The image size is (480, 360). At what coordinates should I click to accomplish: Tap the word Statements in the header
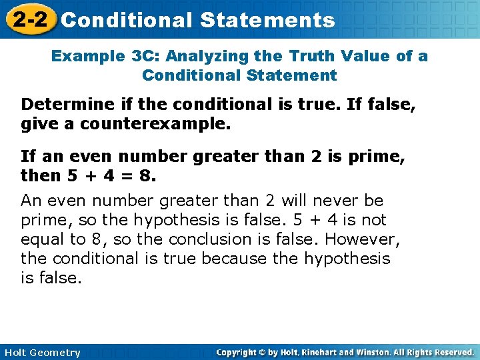click(x=267, y=20)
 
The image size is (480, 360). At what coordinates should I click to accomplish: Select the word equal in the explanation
click(x=41, y=239)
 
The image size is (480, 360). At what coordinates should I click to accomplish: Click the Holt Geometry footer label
click(x=42, y=353)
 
